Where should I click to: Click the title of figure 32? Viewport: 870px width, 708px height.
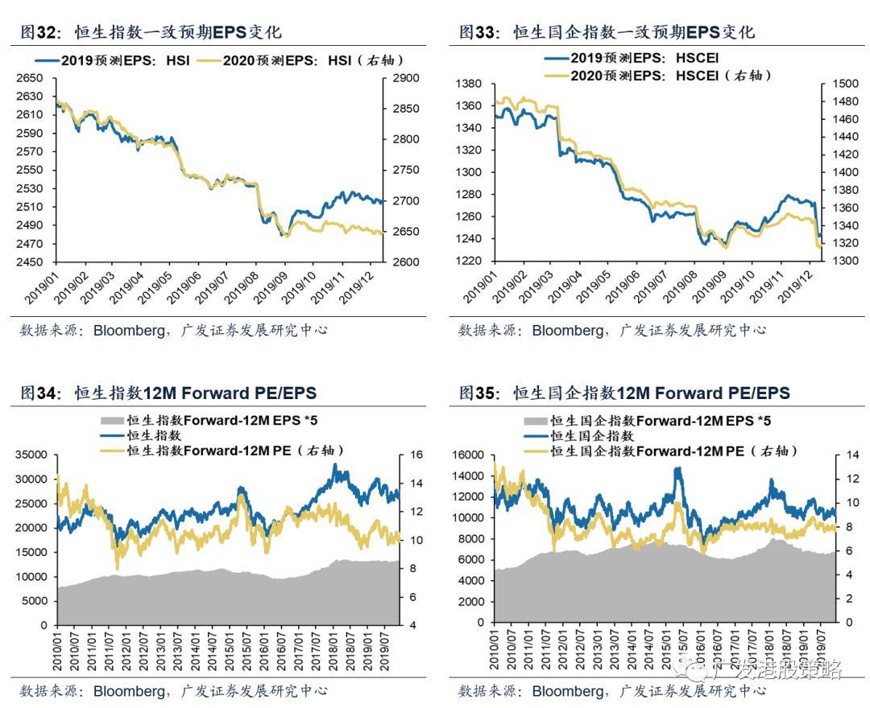click(x=151, y=32)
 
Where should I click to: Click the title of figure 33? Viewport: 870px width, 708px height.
click(x=607, y=32)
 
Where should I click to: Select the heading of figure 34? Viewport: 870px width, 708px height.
click(x=168, y=393)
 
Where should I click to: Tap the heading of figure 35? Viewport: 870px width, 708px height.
click(x=624, y=393)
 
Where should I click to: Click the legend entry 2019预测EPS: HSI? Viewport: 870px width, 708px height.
click(x=112, y=60)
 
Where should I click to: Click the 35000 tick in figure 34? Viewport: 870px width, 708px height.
click(x=32, y=455)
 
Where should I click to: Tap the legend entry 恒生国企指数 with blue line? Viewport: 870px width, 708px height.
click(x=591, y=435)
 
